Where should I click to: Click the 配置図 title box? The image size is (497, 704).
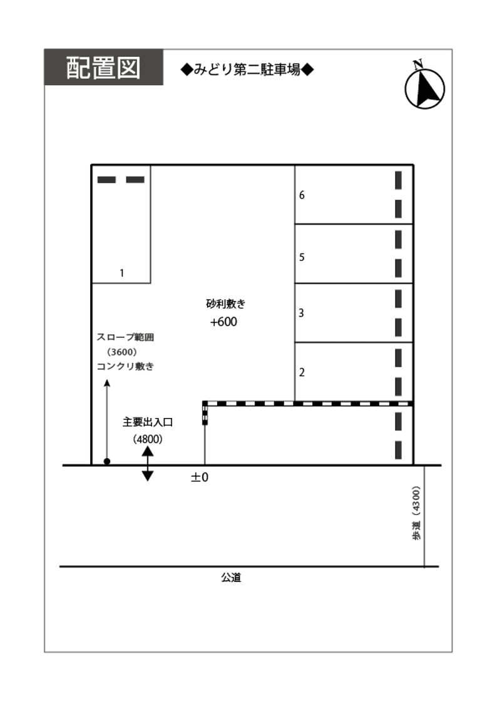coord(103,68)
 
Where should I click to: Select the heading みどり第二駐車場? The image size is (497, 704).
coord(247,70)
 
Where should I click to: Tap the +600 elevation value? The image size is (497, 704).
coord(223,322)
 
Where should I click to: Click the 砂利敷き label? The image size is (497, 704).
coord(226,305)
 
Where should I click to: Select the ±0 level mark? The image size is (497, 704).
coord(199,477)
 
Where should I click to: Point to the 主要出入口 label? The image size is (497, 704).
coord(148,422)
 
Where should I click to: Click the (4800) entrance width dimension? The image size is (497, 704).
coord(148,439)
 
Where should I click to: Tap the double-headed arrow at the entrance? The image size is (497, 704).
coord(148,464)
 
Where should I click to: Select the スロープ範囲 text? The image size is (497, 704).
coord(125,337)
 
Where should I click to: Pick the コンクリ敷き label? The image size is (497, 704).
coord(125,367)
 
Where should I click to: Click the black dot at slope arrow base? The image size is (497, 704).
coord(107,462)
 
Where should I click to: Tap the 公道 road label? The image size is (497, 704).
coord(231,578)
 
